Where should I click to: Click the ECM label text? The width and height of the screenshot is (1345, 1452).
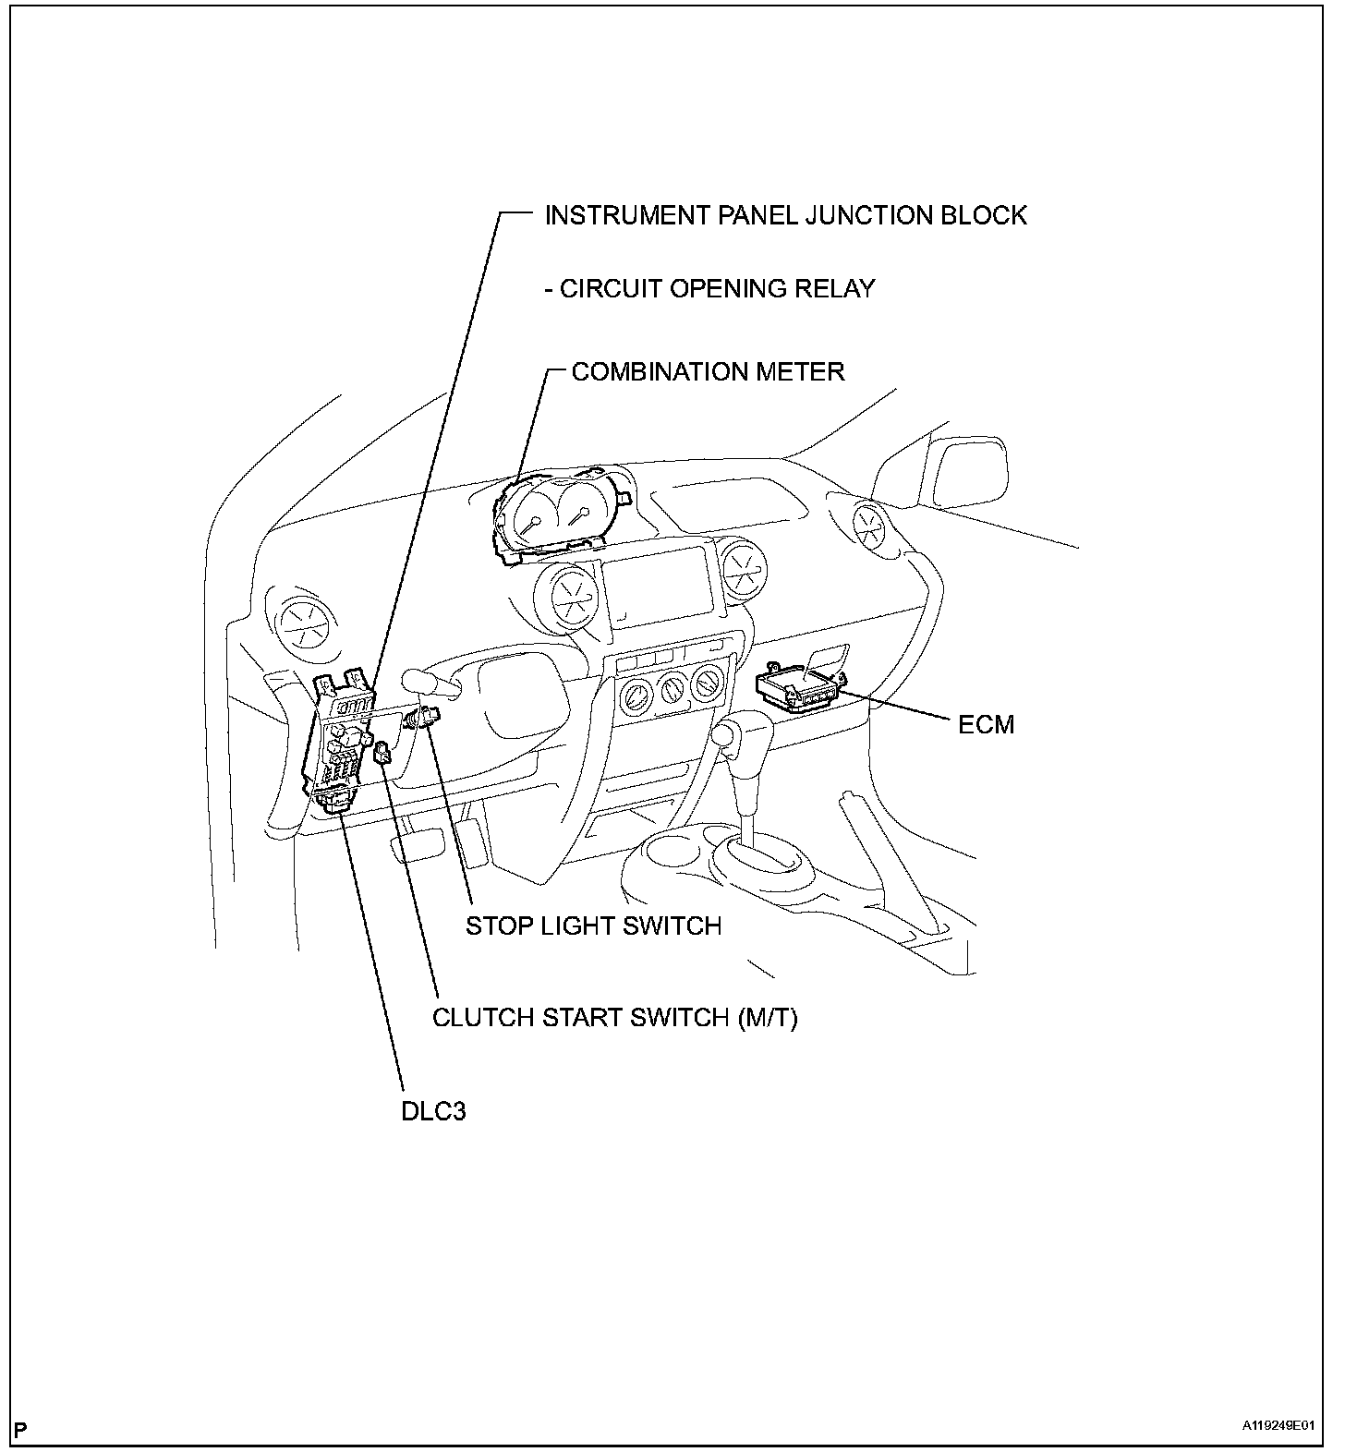986,724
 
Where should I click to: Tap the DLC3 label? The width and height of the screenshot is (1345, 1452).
433,1110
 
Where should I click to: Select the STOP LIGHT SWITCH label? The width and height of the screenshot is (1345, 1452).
593,926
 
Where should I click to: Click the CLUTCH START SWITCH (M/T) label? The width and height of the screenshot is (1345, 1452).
615,1018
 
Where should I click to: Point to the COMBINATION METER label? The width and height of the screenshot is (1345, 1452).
708,371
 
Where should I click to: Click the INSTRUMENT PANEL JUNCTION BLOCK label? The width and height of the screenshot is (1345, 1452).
785,215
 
